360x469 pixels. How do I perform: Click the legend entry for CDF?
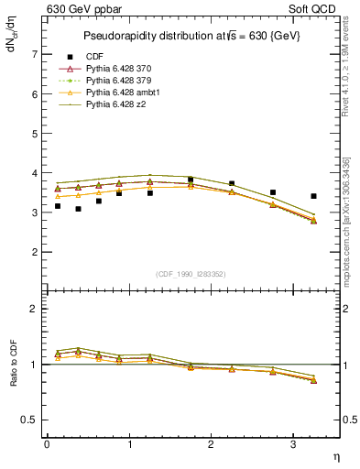tap(94, 56)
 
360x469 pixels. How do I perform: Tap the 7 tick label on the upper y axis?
tap(35, 54)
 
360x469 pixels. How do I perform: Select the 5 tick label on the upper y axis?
tap(35, 133)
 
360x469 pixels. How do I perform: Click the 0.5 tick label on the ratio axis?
tap(31, 420)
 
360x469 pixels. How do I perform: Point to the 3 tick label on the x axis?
tap(293, 444)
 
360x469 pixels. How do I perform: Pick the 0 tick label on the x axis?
tap(47, 444)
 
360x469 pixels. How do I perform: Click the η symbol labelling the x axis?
tap(335, 456)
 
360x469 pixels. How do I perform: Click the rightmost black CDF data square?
tap(314, 196)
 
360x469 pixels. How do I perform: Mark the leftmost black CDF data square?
tap(58, 206)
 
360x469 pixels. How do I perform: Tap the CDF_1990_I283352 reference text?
tap(191, 273)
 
